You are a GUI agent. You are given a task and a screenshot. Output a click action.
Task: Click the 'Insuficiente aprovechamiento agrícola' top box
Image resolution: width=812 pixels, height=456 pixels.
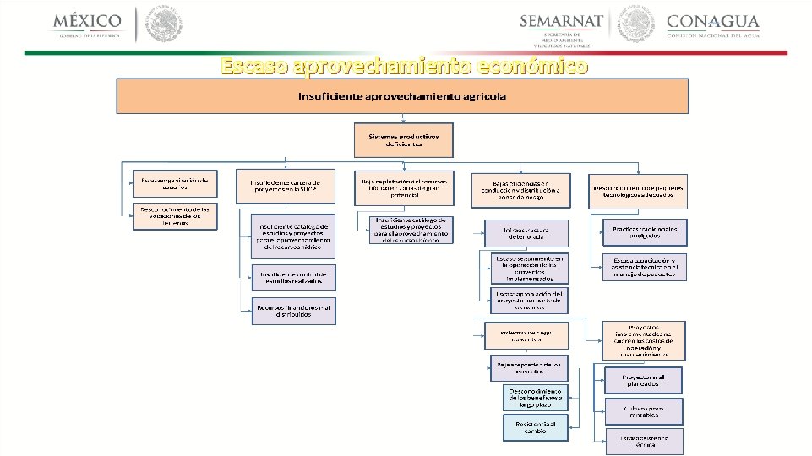[402, 96]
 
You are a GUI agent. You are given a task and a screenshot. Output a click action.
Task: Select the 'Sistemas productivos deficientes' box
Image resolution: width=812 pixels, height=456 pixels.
[403, 139]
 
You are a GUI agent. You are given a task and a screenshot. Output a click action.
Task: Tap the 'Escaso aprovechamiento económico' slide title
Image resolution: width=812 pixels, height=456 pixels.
[404, 66]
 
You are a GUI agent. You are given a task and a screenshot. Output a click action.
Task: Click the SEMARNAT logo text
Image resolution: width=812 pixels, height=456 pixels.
[561, 21]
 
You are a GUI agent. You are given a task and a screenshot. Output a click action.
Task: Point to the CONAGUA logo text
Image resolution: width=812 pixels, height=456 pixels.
[712, 21]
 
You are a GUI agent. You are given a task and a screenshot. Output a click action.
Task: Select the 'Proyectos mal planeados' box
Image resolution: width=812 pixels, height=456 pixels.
[643, 380]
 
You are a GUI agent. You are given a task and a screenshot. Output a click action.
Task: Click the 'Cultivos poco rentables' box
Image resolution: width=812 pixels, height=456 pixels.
[643, 411]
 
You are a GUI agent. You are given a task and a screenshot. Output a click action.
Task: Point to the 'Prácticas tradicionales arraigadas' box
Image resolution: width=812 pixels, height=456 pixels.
[645, 232]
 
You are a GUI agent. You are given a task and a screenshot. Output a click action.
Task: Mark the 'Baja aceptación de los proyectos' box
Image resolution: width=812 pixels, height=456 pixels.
[529, 367]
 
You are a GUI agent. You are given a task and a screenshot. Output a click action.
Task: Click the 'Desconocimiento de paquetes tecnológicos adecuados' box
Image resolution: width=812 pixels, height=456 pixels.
[639, 191]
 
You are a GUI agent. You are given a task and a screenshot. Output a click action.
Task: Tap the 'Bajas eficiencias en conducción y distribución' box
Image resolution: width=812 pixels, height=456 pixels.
[520, 191]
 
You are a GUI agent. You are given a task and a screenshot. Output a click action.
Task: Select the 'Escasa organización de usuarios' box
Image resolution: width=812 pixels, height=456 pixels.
[174, 182]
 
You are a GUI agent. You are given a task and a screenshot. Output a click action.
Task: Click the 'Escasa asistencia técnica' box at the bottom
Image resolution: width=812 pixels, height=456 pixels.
[643, 441]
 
